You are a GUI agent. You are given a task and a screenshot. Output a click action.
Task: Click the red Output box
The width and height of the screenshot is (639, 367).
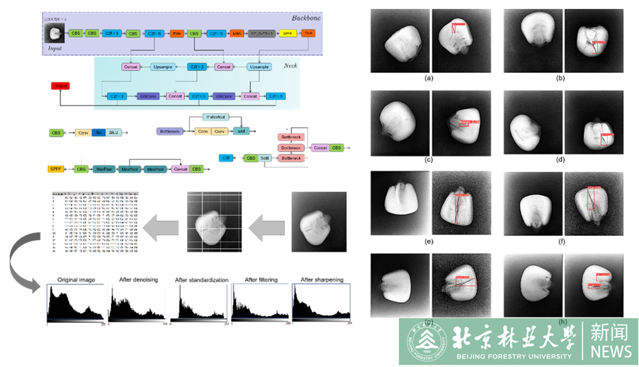60,86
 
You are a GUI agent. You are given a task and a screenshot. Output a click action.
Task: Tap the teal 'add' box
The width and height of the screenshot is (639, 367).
240,131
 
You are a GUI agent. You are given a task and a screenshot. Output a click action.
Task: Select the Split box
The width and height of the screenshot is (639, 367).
265,158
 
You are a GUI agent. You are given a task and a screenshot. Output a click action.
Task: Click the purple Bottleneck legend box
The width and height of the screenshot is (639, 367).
169,131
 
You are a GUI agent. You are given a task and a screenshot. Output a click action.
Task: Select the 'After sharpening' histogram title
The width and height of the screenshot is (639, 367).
322,280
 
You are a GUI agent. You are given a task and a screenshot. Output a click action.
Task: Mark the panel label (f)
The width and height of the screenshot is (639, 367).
560,241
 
